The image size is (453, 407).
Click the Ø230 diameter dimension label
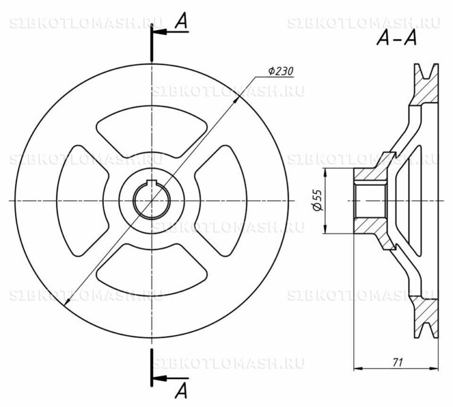pos(280,71)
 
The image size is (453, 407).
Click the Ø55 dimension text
pos(317,200)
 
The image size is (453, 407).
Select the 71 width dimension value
pos(397,362)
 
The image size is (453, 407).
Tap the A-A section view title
pos(397,38)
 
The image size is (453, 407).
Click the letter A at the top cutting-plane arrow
pos(181,21)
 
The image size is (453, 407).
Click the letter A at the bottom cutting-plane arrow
pos(181,391)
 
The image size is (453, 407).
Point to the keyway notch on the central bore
pos(152,182)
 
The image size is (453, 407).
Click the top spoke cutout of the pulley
pos(152,132)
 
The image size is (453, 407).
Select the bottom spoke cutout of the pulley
pos(152,270)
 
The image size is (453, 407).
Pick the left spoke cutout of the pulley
pos(82,200)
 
